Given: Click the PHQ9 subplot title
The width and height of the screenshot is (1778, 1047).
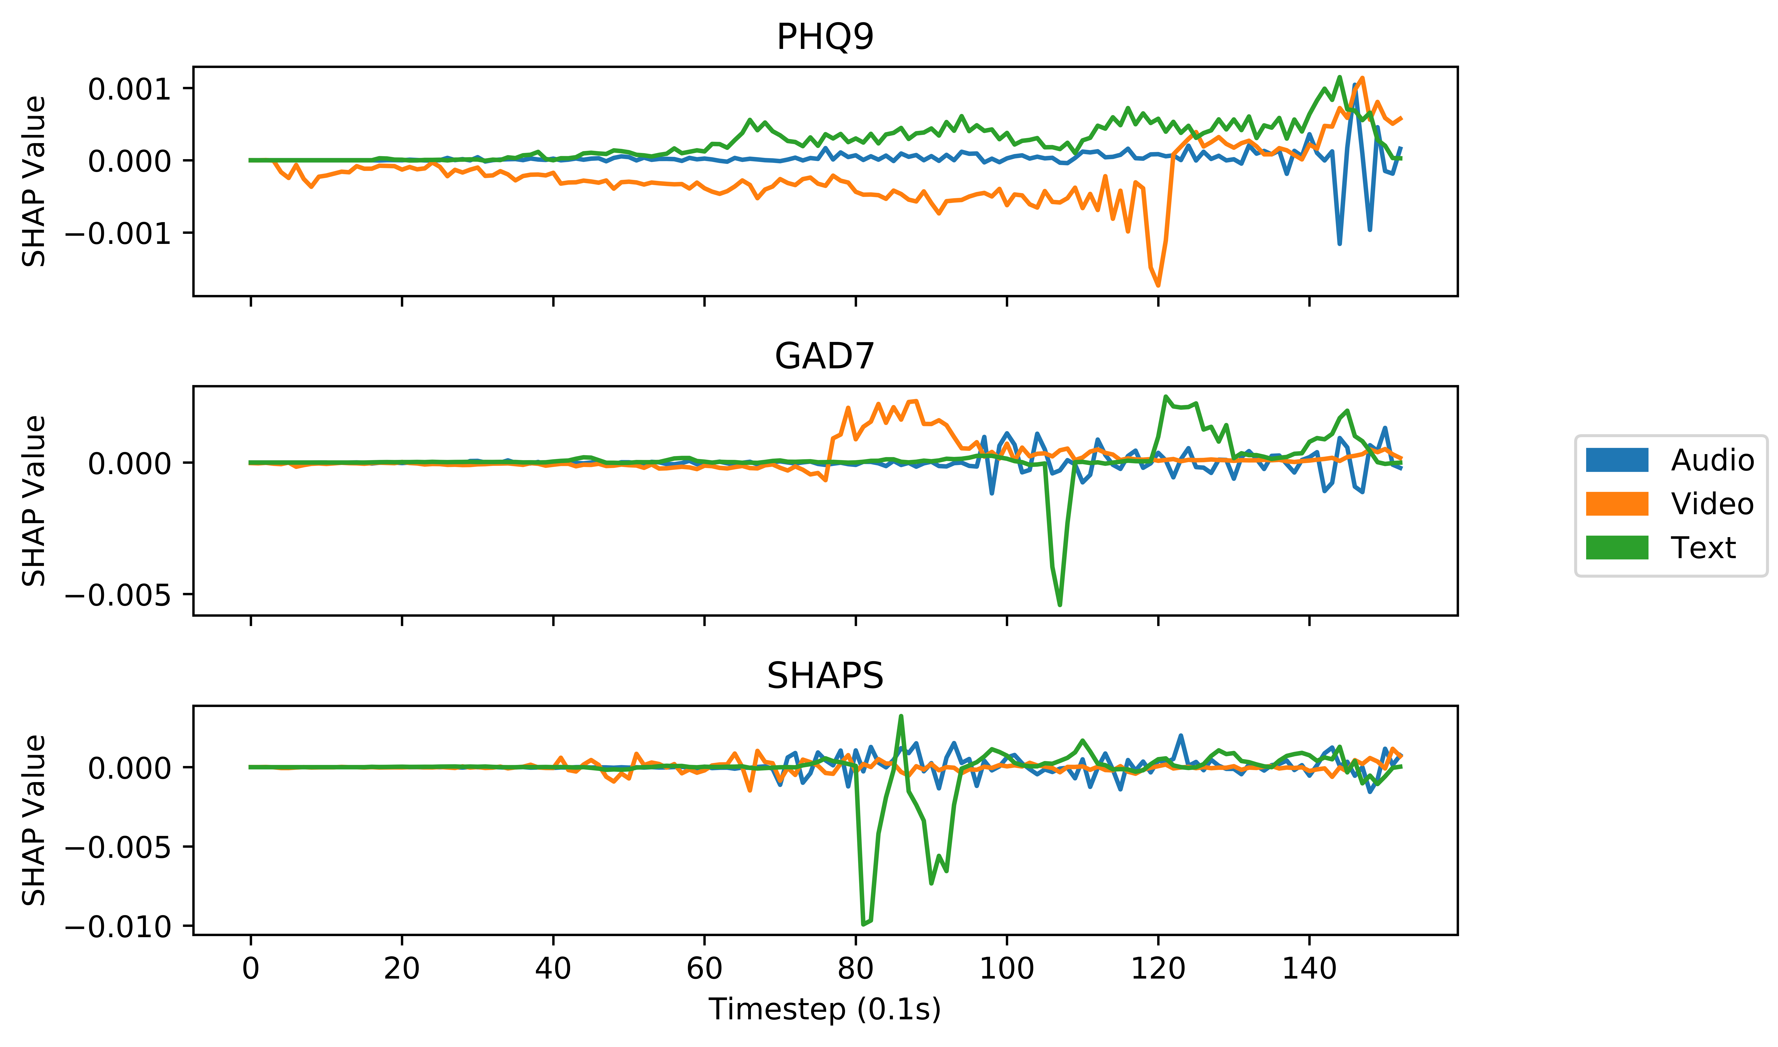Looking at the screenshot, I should click(x=825, y=37).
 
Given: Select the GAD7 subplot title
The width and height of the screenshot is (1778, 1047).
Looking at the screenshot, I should click(x=825, y=357).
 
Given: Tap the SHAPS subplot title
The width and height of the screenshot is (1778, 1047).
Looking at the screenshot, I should click(x=825, y=676).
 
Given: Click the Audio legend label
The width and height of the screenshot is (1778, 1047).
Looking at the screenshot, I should click(x=1712, y=460).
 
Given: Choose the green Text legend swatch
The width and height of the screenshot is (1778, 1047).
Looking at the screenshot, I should click(x=1616, y=548).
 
